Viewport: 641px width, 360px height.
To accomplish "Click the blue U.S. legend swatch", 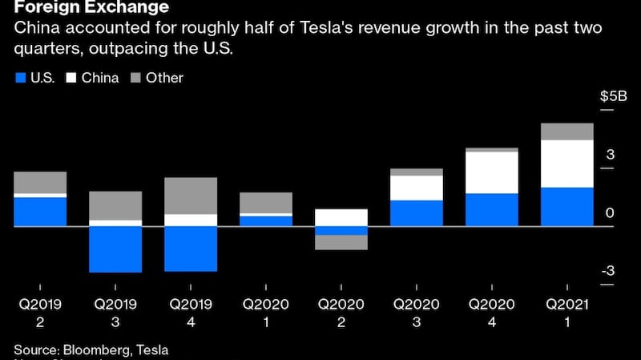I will [x=21, y=79].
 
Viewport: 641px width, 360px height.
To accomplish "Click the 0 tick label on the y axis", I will [x=611, y=213].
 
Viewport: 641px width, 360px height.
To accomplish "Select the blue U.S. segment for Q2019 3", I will [x=115, y=249].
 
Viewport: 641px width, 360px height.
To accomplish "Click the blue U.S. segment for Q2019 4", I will [x=191, y=249].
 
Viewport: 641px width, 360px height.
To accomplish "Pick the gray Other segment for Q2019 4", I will [x=191, y=196].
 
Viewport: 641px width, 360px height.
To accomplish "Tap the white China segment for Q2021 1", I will [x=567, y=164].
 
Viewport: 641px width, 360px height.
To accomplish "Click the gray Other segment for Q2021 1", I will [x=567, y=131].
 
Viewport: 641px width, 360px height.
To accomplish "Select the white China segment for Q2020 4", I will [x=492, y=172].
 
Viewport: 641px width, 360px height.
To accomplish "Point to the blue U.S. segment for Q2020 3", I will [x=417, y=213].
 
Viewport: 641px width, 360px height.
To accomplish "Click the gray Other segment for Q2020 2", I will [x=341, y=242].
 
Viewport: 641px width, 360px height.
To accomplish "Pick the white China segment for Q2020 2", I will [x=341, y=217].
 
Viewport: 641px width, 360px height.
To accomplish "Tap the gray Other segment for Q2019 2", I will [x=40, y=182].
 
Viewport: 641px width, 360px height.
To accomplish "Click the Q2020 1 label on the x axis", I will [x=266, y=313].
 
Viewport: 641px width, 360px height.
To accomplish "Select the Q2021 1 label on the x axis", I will [x=567, y=313].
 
